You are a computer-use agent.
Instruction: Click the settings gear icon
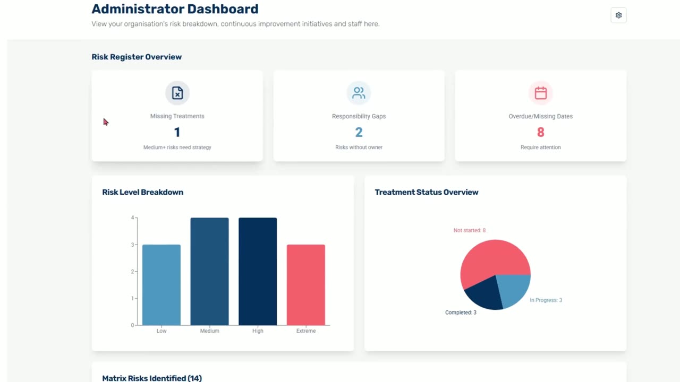coord(618,15)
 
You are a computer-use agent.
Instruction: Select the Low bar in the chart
coord(161,285)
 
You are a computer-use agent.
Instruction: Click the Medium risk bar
coord(209,271)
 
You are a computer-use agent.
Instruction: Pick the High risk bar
coord(258,271)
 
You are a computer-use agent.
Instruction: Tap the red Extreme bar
coord(305,285)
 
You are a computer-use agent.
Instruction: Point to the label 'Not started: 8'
coord(469,230)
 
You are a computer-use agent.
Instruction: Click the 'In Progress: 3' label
coord(546,300)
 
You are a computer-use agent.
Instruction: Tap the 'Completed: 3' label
coord(461,312)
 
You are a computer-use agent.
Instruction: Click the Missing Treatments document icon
coord(177,93)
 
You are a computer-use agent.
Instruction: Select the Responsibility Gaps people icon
coord(359,93)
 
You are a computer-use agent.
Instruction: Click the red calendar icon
coord(540,93)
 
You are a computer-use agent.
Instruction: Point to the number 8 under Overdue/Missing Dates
coord(540,132)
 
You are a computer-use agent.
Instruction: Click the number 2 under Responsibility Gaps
coord(359,132)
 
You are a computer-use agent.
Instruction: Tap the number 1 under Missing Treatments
coord(177,132)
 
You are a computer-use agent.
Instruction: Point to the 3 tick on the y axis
coord(132,245)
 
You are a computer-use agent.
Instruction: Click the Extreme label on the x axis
coord(305,331)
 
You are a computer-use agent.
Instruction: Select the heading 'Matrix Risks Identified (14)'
coord(152,378)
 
